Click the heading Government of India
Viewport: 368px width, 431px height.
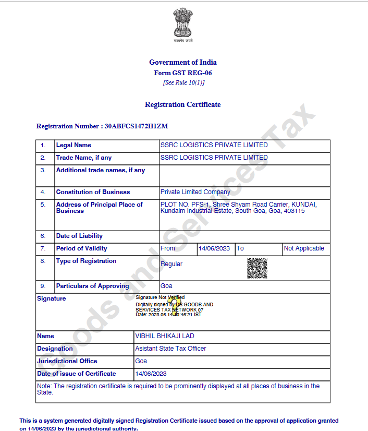pos(182,63)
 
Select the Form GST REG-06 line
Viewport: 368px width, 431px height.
pos(182,73)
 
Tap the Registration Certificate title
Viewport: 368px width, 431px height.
pos(182,105)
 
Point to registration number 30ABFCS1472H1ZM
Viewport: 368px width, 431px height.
pos(136,126)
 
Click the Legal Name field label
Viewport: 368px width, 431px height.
pos(73,145)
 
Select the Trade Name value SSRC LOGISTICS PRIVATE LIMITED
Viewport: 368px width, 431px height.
pos(214,158)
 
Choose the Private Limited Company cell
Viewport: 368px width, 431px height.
pos(195,192)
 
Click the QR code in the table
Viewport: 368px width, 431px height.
pos(257,268)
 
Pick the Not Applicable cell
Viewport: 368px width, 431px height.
pos(304,248)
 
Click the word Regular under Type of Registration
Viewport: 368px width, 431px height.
pos(171,264)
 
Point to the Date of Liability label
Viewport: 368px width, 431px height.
pos(79,236)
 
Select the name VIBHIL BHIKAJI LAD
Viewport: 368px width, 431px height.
pos(165,336)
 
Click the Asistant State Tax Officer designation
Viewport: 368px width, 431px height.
pos(171,349)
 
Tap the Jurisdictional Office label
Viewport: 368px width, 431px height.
pos(67,361)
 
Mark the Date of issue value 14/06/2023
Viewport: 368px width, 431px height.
pos(151,374)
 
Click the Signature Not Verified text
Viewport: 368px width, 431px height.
pos(160,297)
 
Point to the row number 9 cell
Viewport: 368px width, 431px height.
pos(43,286)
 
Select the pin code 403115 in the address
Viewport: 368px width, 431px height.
pos(295,211)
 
